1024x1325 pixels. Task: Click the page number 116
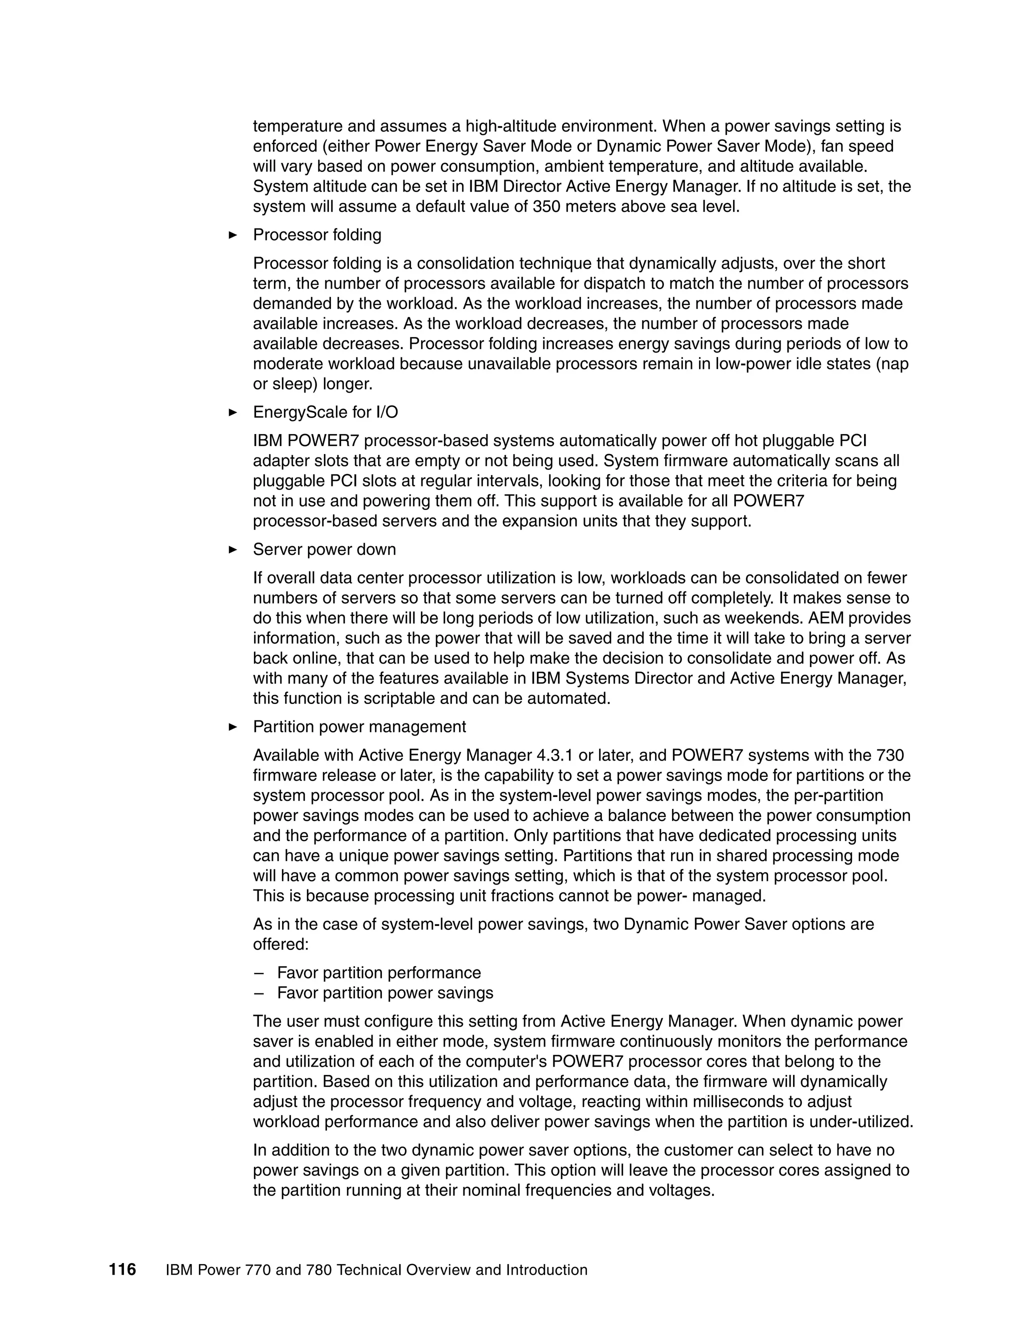coord(122,1269)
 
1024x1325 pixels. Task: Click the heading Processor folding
coord(316,235)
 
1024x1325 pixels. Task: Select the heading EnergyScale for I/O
coord(325,412)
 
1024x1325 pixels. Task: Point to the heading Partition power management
coord(359,727)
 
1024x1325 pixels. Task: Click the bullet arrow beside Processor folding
coord(232,235)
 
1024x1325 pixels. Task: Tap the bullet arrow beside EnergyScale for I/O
coord(232,412)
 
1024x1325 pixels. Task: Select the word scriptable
coord(392,699)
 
